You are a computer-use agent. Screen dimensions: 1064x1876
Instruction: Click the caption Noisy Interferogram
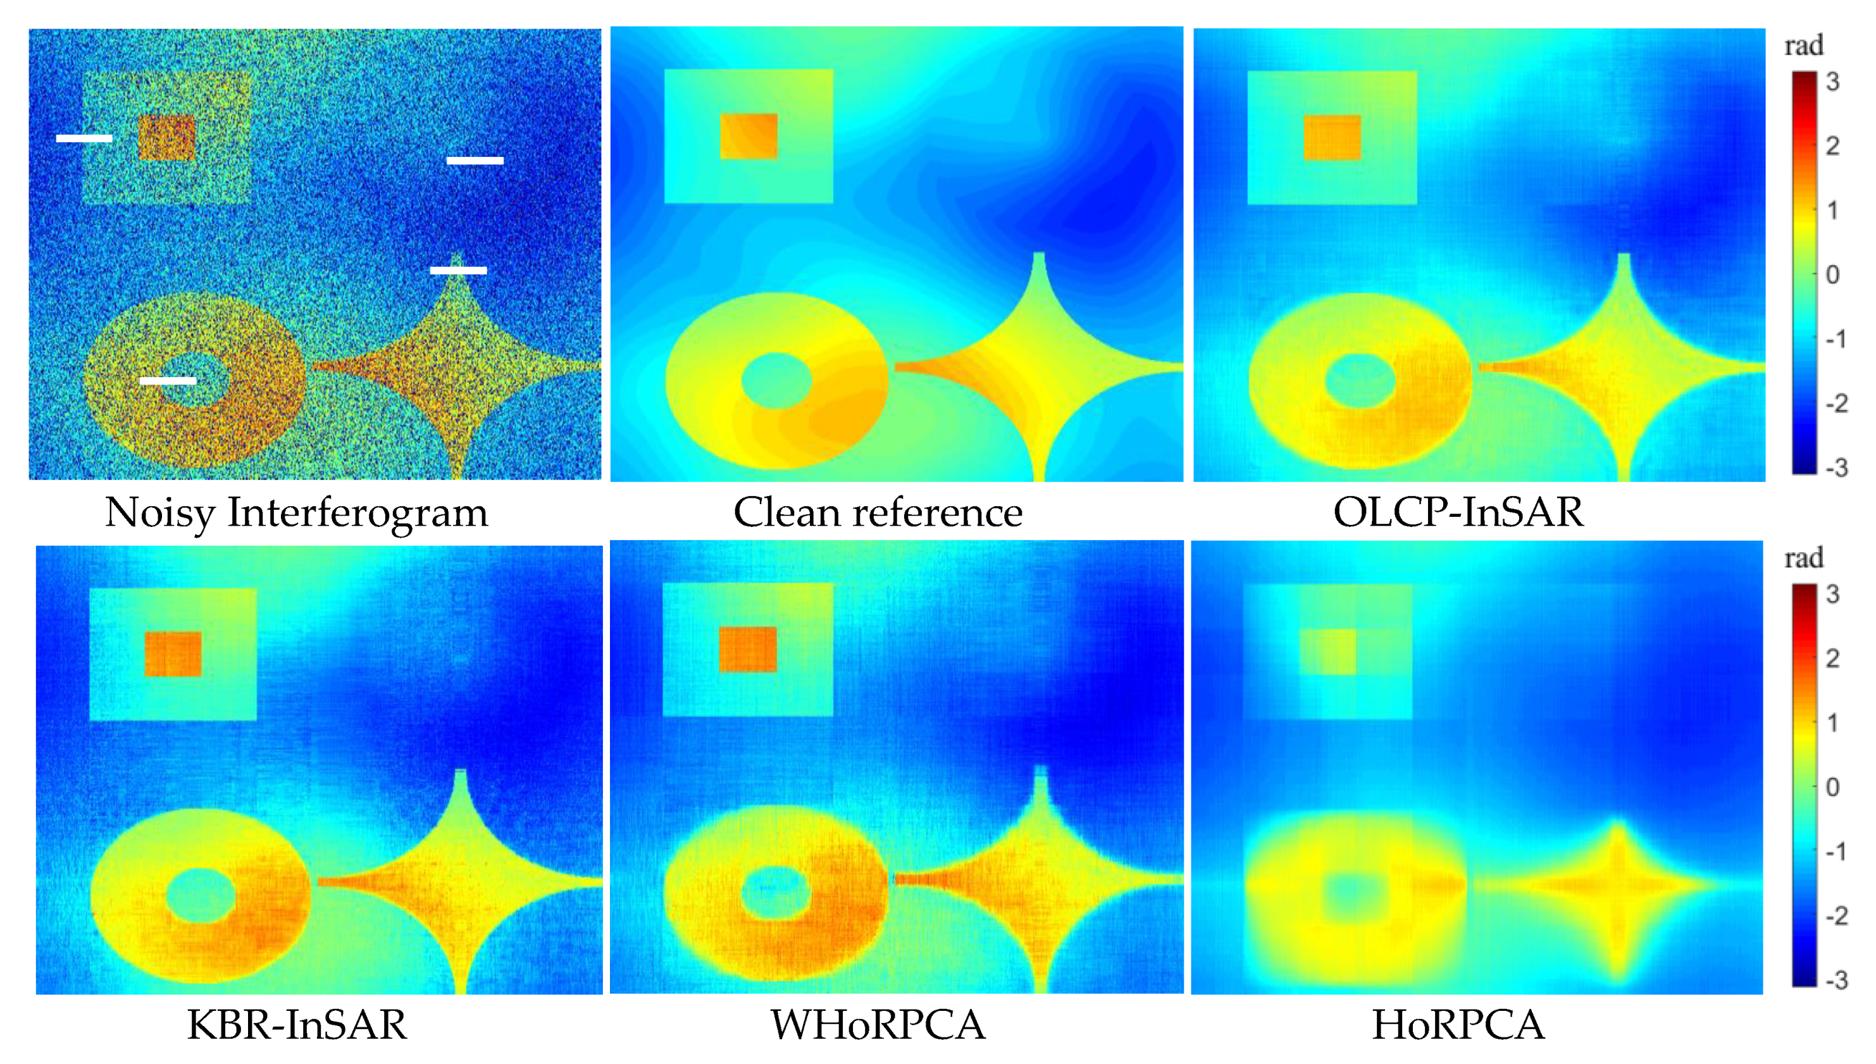click(296, 512)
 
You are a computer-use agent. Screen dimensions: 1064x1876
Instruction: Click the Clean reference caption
click(878, 512)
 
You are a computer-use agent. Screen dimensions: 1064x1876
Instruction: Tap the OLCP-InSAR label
click(1458, 512)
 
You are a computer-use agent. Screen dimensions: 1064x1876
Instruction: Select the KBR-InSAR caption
click(296, 1025)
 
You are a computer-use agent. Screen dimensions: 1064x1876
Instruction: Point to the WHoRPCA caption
click(878, 1025)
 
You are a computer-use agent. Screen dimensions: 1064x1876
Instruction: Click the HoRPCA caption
click(1458, 1025)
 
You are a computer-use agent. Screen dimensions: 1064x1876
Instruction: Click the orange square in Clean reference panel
click(749, 136)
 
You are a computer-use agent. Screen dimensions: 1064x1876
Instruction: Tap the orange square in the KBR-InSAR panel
click(173, 654)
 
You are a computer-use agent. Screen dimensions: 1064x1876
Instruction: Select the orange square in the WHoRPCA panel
click(748, 649)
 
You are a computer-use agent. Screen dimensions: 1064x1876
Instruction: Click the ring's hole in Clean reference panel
click(776, 380)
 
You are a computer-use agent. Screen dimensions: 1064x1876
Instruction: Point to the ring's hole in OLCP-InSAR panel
click(1359, 381)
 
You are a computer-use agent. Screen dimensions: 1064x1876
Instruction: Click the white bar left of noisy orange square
click(84, 137)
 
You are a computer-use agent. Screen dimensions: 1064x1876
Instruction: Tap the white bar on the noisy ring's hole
click(168, 380)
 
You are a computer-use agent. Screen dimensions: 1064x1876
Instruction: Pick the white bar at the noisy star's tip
click(458, 269)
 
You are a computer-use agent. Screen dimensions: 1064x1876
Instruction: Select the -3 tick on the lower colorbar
click(1835, 979)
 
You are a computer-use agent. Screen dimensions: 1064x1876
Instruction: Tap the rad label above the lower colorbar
click(1804, 559)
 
